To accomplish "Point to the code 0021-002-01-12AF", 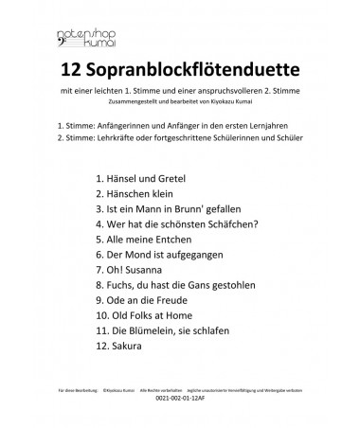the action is [180, 398].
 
